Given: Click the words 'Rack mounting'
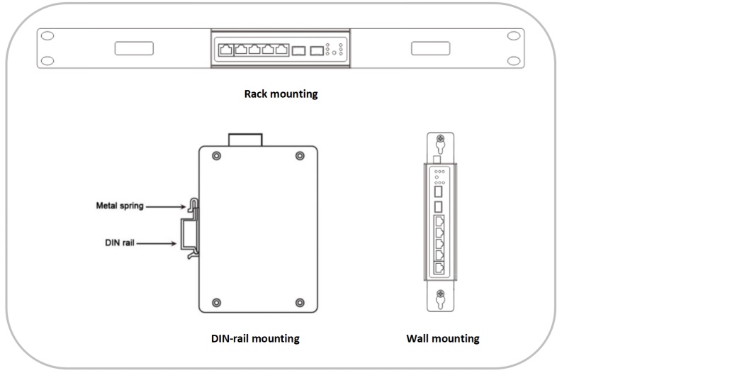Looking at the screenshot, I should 281,94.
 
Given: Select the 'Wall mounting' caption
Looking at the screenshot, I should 442,338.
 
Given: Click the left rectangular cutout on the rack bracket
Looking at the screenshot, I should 134,48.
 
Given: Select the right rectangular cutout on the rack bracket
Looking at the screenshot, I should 430,48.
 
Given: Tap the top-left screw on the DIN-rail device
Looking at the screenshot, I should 215,156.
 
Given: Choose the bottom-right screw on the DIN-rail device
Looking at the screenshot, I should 299,303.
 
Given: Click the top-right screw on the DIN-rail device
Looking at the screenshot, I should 299,156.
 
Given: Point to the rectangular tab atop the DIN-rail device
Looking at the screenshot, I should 245,139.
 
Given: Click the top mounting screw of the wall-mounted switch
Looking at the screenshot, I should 440,140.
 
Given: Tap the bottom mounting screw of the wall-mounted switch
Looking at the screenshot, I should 440,294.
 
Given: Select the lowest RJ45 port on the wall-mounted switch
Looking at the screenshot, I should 439,268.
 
